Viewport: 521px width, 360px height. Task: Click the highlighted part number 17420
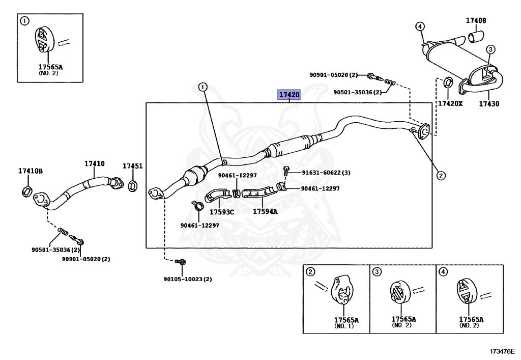pyautogui.click(x=288, y=95)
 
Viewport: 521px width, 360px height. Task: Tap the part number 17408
pyautogui.click(x=476, y=21)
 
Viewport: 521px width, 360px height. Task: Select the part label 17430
pyautogui.click(x=488, y=104)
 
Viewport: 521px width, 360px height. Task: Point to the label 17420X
pyautogui.click(x=450, y=104)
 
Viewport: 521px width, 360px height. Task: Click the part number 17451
pyautogui.click(x=132, y=166)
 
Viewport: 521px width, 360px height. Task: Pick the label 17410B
pyautogui.click(x=31, y=171)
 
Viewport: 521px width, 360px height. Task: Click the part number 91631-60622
pyautogui.click(x=319, y=173)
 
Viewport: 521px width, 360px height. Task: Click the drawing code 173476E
pyautogui.click(x=502, y=352)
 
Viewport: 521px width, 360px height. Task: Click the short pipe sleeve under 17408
pyautogui.click(x=476, y=37)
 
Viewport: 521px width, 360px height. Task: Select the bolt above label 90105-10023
pyautogui.click(x=180, y=262)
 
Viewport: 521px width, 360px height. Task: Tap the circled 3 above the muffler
pyautogui.click(x=490, y=49)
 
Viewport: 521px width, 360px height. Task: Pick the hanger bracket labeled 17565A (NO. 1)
pyautogui.click(x=341, y=294)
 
